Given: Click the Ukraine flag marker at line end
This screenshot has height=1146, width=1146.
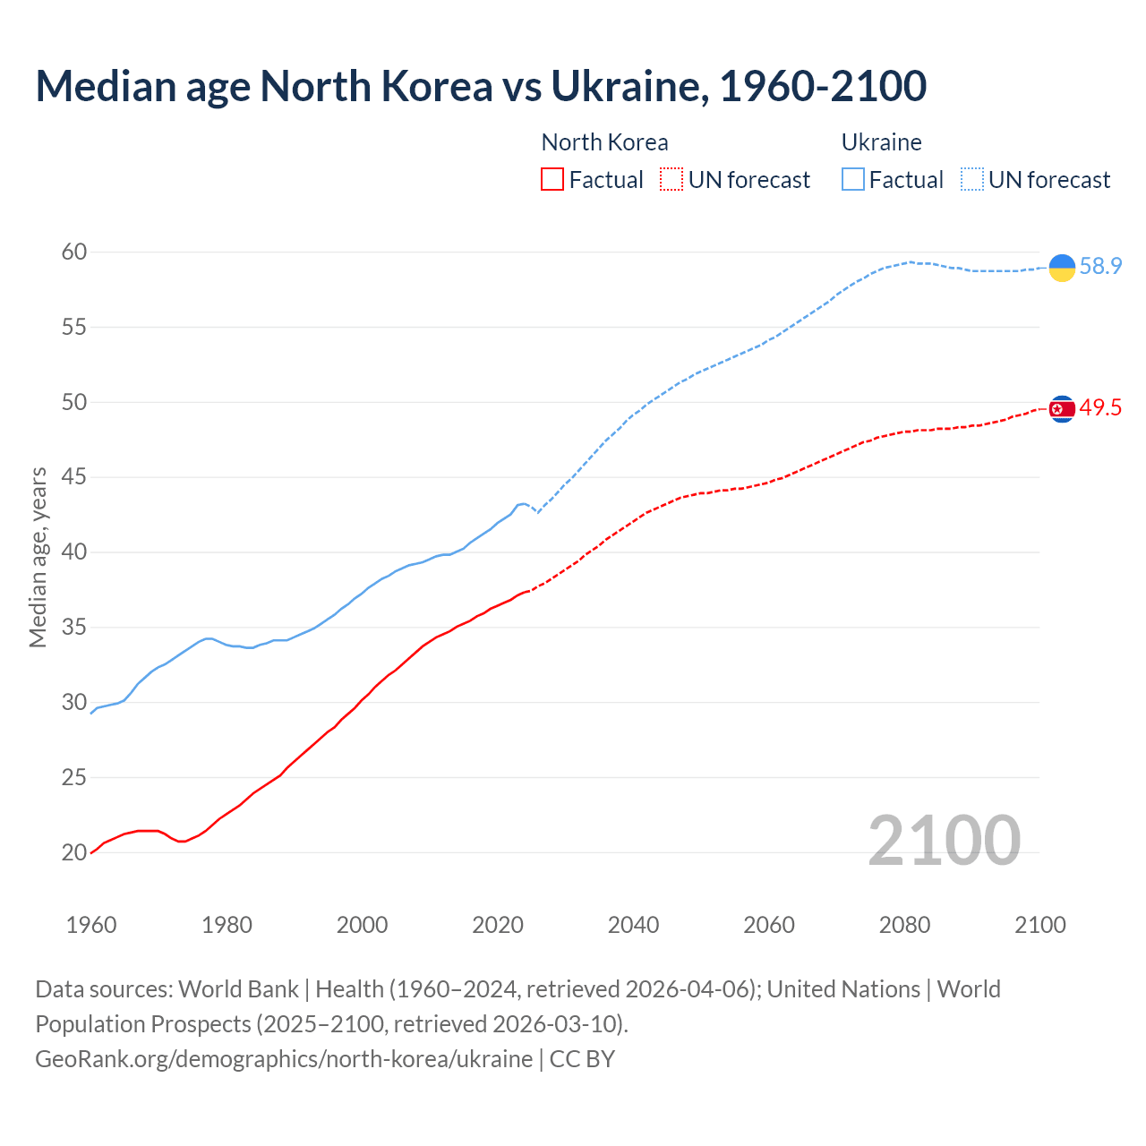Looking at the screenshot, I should pos(1062,267).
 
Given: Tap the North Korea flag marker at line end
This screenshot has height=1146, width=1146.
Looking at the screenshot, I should pos(1062,408).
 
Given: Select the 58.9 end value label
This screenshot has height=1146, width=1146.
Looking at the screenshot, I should pos(1100,266).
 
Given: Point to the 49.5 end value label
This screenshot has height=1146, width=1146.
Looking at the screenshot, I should pos(1100,408).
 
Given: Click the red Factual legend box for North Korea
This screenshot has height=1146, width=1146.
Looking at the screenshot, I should pos(552,180).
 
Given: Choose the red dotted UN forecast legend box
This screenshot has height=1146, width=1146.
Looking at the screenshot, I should pos(671,180).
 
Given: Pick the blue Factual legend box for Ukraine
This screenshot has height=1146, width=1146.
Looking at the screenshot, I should pos(853,180).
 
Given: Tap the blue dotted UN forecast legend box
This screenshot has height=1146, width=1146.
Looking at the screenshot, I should pos(972,180).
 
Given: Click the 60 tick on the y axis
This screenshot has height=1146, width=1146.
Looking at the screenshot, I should pos(74,252).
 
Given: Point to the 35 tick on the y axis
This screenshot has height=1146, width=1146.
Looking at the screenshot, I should pos(74,627).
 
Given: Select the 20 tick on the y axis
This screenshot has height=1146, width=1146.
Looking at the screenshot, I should pos(74,852).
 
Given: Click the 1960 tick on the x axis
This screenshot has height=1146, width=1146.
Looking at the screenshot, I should pos(91,925).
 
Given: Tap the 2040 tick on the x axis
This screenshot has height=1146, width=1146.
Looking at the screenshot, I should pos(633,925).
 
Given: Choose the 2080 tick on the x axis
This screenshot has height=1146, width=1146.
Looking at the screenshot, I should pos(904,925).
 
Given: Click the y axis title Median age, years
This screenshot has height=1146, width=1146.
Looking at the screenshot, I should pos(38,557).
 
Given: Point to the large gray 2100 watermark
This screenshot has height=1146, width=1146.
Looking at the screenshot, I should pos(944,840).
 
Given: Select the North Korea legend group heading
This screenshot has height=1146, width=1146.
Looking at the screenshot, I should pos(604,142).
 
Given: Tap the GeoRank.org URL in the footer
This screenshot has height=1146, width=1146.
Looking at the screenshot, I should pos(284,1059).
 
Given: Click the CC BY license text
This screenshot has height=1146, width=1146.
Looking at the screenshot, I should pos(582,1059).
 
